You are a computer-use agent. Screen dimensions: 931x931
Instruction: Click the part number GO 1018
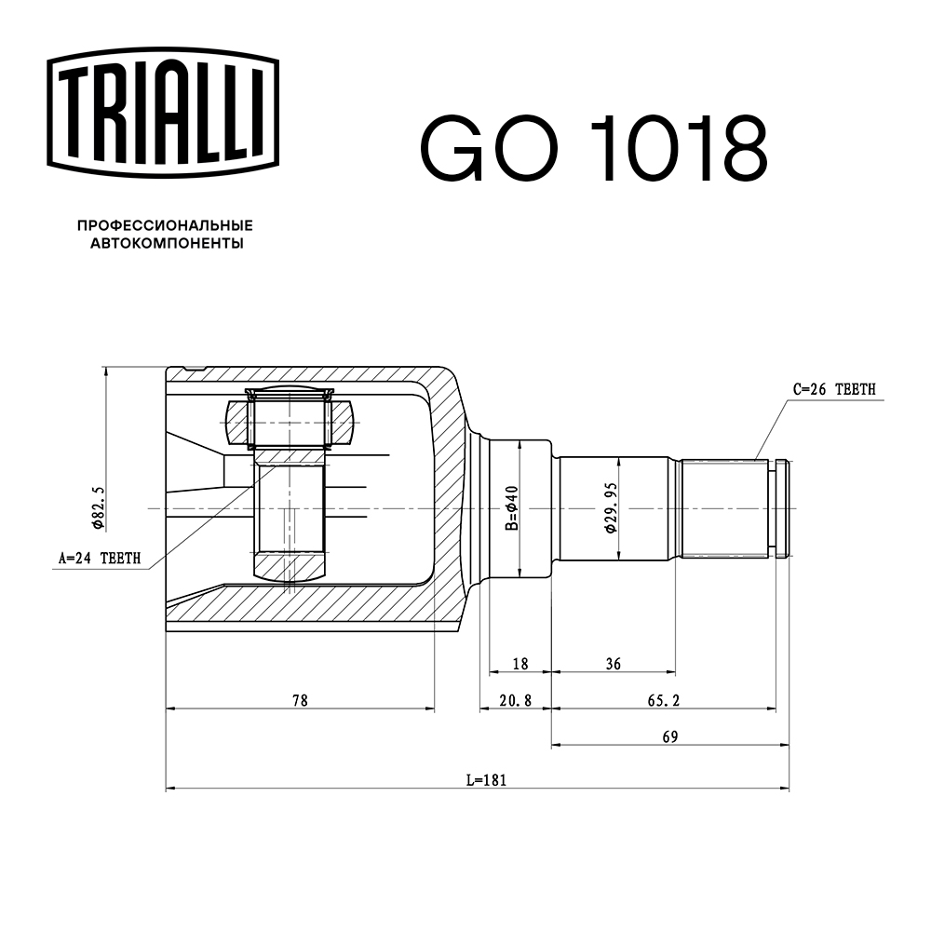[x=594, y=148]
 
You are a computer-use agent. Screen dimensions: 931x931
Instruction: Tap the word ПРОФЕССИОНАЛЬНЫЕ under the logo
[x=165, y=226]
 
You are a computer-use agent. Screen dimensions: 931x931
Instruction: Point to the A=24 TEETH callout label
[x=100, y=559]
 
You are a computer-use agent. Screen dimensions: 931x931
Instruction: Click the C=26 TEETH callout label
[x=833, y=390]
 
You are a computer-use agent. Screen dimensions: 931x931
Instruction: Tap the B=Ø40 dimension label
[x=509, y=508]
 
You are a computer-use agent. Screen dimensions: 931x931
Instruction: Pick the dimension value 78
[x=299, y=699]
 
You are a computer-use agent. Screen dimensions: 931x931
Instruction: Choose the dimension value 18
[x=520, y=664]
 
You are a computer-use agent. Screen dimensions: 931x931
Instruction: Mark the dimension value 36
[x=613, y=664]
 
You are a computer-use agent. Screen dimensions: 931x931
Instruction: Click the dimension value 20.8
[x=514, y=699]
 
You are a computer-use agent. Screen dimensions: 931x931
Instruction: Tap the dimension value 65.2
[x=663, y=699]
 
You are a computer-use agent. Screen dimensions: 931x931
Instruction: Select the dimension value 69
[x=669, y=735]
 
